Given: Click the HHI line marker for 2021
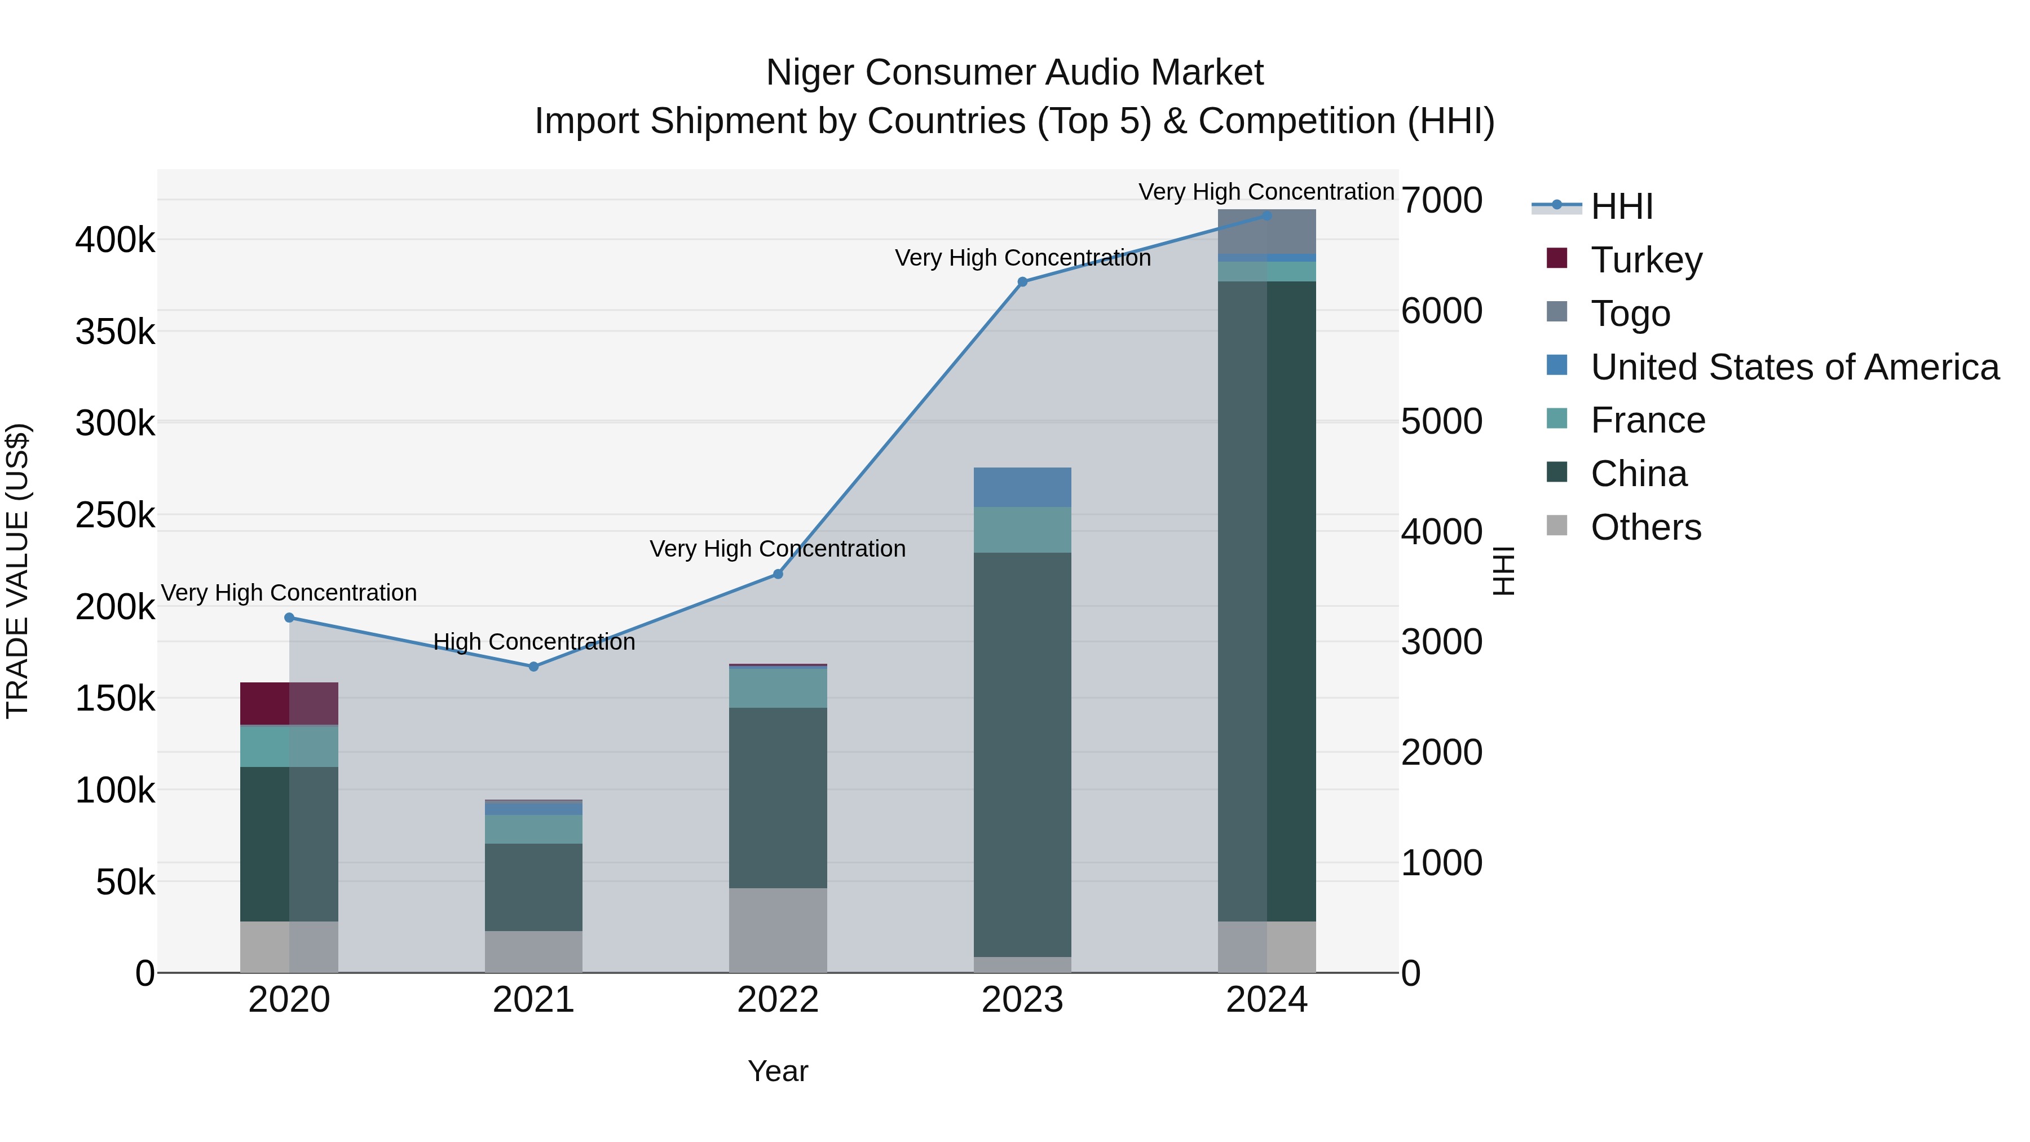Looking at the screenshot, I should tap(533, 666).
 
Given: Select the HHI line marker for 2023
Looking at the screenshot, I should tap(1022, 281).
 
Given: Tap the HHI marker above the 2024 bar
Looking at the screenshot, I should tap(1266, 215).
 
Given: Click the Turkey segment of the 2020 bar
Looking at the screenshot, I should tap(288, 703).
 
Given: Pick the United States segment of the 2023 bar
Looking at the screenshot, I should tap(1022, 487).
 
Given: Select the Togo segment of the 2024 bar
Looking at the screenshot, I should tap(1266, 232).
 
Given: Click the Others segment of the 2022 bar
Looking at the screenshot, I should tap(778, 930).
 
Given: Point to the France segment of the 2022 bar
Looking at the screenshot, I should tap(778, 687).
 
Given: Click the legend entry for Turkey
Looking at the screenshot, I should tap(1645, 259).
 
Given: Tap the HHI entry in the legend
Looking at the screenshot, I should tap(1621, 206).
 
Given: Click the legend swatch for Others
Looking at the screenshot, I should tap(1556, 526).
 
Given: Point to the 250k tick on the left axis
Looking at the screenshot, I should tap(115, 515).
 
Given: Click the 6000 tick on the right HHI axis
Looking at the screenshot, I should tap(1441, 311).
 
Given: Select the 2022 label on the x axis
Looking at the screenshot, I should tap(778, 1000).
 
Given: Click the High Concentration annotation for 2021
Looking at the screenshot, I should tap(533, 642).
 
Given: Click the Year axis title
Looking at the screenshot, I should tap(778, 1071).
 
